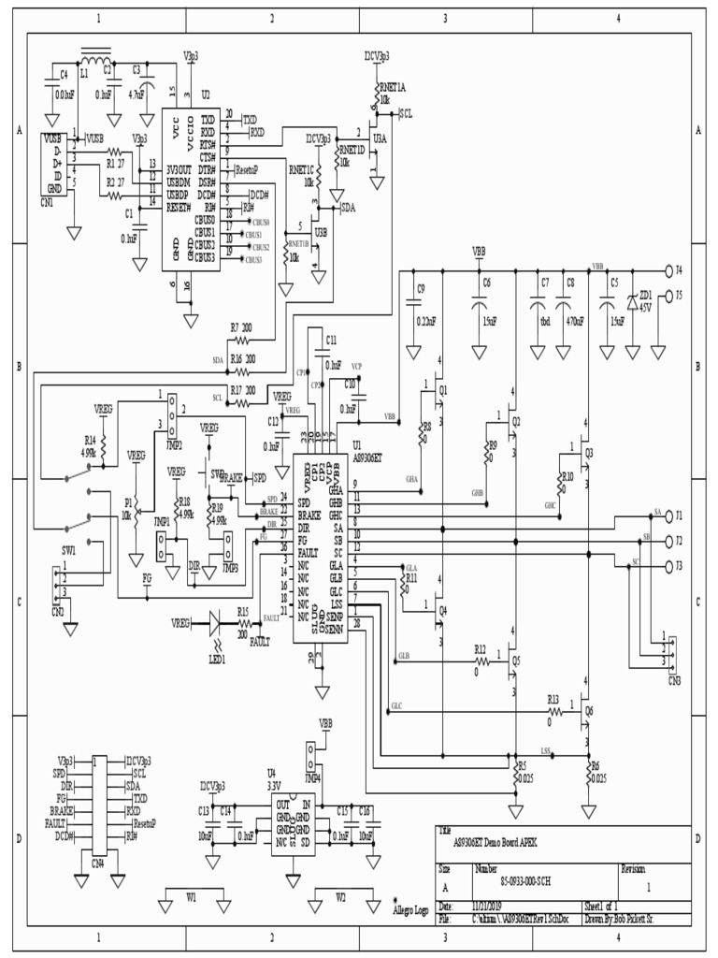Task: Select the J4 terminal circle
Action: [x=668, y=270]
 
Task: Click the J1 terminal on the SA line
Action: [x=668, y=515]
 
